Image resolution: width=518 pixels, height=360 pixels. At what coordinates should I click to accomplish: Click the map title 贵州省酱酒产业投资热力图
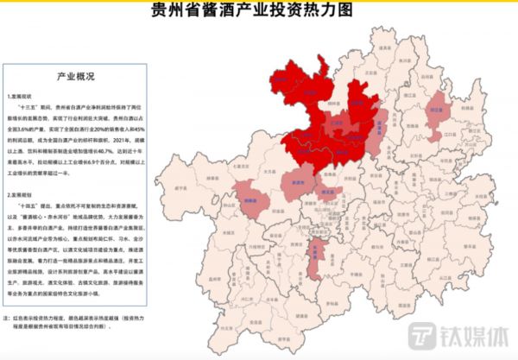(258, 13)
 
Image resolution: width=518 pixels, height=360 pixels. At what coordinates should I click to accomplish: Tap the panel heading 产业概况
(73, 76)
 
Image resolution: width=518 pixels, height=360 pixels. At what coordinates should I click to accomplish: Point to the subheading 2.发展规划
(21, 197)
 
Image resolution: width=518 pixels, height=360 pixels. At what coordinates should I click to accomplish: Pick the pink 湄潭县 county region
(380, 128)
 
